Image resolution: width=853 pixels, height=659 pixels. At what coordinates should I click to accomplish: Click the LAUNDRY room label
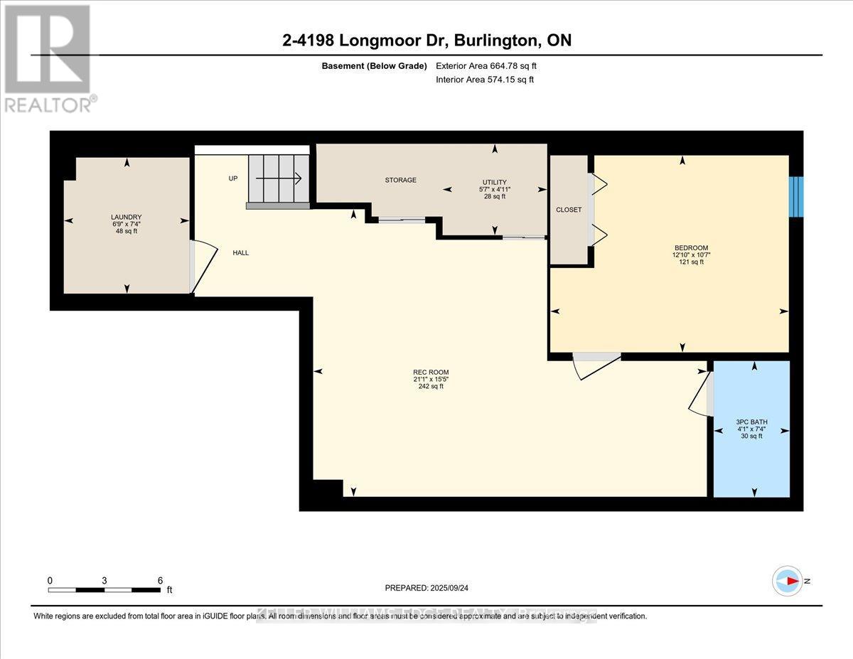pos(127,218)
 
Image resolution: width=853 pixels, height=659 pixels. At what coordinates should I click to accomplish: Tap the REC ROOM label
pos(431,373)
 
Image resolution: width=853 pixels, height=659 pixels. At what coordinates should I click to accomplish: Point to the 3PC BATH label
pos(751,422)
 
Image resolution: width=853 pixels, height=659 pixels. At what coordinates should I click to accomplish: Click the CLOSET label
pos(569,210)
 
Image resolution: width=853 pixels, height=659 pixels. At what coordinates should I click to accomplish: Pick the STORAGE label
pos(401,181)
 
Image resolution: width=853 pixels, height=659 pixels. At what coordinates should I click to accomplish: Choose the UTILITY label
pos(495,183)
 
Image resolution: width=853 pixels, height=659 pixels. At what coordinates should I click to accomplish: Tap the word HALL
pos(240,253)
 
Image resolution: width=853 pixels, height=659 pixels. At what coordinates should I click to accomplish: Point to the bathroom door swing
pos(701,395)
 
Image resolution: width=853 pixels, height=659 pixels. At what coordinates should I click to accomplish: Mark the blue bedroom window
pos(796,197)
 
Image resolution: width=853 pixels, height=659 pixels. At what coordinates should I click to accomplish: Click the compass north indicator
pos(788,581)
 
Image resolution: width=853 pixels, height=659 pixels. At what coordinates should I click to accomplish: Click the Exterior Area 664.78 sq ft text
pos(486,66)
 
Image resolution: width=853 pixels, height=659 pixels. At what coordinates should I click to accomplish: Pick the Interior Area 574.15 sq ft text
pos(484,80)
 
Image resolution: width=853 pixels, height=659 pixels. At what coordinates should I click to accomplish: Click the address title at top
pos(426,41)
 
